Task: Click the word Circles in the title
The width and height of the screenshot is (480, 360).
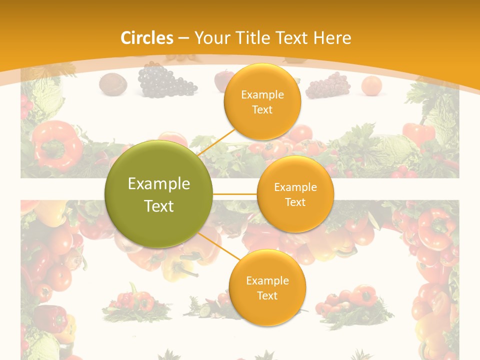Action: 146,38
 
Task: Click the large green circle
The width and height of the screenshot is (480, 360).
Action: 159,194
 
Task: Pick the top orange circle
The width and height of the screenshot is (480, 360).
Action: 262,102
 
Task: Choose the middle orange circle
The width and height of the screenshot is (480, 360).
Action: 295,194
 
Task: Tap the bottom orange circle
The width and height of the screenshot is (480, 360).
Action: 267,287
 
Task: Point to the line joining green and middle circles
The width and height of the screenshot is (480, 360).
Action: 235,194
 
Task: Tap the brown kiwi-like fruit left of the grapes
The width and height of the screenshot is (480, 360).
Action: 112,84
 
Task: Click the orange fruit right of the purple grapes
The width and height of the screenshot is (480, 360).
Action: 371,85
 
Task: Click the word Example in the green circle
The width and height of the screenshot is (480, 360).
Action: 159,184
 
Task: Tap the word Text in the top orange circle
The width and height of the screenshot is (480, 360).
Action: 262,110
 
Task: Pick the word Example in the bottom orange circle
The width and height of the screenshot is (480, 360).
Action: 267,280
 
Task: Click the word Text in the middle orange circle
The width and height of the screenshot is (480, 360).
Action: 295,202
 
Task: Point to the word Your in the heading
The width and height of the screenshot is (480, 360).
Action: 210,38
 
